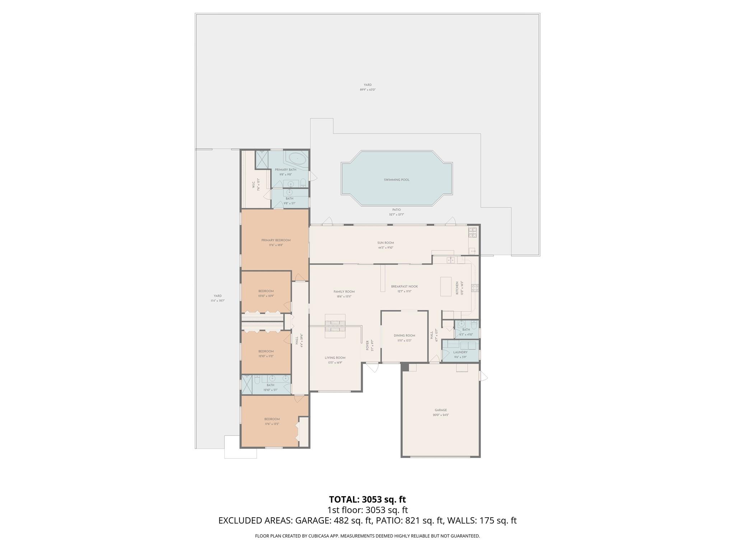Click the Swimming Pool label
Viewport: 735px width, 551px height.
click(396, 180)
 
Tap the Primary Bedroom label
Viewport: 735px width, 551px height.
click(276, 240)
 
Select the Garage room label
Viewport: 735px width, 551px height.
click(440, 410)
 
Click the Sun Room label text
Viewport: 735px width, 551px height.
click(385, 243)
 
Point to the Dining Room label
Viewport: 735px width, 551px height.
click(404, 336)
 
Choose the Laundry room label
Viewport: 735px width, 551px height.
click(460, 352)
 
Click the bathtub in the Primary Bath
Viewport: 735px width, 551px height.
click(297, 159)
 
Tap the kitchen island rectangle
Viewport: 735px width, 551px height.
click(445, 286)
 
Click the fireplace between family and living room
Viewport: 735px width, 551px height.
click(335, 326)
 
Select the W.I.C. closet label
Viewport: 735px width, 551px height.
click(253, 184)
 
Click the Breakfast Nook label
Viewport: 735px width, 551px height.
click(404, 287)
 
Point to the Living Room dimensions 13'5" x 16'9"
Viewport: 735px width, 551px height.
click(335, 363)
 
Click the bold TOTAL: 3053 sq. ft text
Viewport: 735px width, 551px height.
click(367, 499)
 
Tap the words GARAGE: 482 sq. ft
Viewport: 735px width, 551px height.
click(333, 521)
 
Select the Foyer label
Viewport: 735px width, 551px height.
click(367, 345)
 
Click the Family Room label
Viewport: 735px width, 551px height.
click(344, 292)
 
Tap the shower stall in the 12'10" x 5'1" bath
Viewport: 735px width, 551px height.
click(247, 385)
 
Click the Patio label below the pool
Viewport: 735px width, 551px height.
click(396, 210)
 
